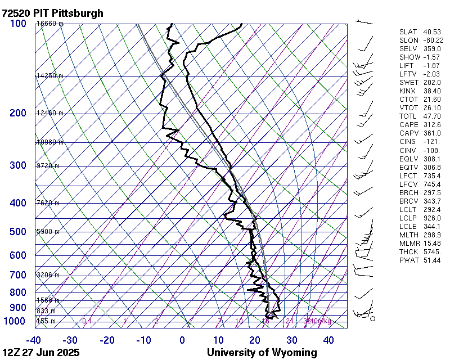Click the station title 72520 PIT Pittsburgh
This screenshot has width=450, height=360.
53,13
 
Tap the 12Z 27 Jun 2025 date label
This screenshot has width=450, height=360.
40,353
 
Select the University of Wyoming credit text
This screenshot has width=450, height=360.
262,353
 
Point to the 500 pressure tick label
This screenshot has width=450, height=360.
18,232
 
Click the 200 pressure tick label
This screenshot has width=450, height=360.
18,113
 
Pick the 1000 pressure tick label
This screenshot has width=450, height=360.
16,321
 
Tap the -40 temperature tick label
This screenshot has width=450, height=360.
33,340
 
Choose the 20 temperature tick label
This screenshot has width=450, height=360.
254,340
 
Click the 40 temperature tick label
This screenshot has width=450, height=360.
328,340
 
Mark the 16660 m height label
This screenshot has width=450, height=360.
49,24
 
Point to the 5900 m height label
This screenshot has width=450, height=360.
48,232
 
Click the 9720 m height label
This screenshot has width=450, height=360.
48,166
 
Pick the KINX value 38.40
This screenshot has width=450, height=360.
431,91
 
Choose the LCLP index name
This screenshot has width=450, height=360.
409,218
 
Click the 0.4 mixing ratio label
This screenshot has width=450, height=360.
87,321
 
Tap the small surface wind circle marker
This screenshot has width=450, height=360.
372,318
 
